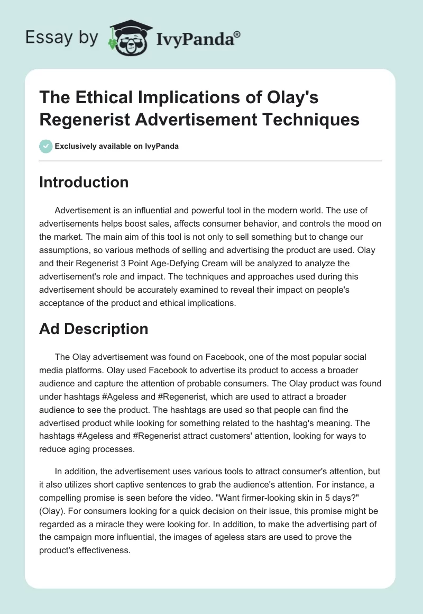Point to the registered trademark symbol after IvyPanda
pyautogui.click(x=237, y=34)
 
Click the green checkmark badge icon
pyautogui.click(x=46, y=146)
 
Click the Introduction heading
pyautogui.click(x=84, y=182)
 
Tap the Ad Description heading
pyautogui.click(x=94, y=329)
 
